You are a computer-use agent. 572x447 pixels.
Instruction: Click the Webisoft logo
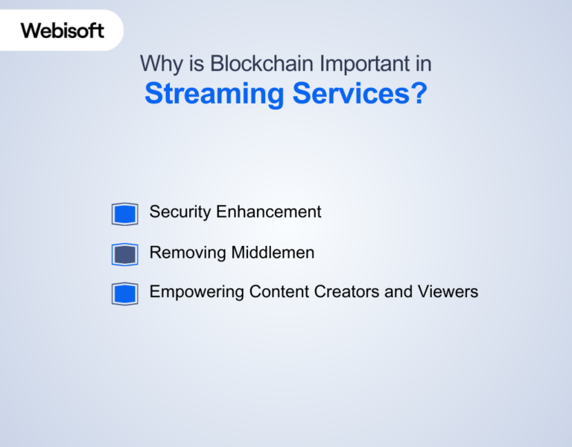pos(63,31)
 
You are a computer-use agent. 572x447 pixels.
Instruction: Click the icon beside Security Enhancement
pos(124,214)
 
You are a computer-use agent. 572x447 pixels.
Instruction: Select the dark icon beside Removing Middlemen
pos(124,254)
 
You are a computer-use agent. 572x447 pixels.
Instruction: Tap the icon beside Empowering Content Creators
pos(124,294)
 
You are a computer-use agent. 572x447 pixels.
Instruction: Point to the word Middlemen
pos(273,253)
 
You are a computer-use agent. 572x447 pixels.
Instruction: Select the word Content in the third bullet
pos(276,291)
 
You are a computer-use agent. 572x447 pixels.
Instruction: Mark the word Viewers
pos(448,291)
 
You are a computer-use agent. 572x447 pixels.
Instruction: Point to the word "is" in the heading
pos(197,64)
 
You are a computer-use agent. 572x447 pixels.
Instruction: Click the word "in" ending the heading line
pos(424,64)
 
